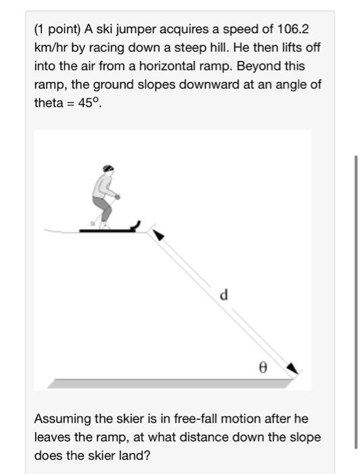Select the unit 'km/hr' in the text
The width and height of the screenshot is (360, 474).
point(49,49)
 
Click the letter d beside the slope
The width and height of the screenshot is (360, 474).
point(224,295)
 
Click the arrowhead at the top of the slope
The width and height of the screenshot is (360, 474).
point(157,234)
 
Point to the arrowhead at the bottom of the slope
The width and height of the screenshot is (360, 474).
point(292,368)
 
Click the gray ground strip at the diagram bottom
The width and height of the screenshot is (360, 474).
point(169,383)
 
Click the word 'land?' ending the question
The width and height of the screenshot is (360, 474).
point(135,455)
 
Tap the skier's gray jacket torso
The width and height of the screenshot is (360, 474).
point(103,184)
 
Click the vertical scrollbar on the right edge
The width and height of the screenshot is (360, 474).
point(355,301)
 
